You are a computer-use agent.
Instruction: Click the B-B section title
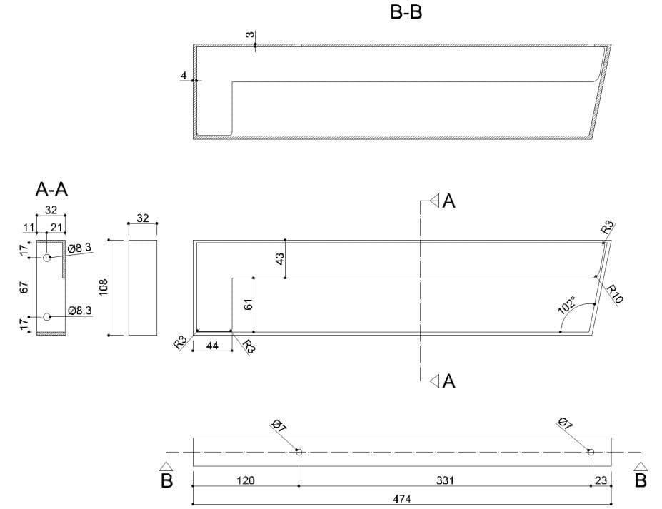406,12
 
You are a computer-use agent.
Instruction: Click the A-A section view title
51,189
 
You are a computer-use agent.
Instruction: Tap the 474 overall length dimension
402,498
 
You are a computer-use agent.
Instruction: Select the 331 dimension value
444,480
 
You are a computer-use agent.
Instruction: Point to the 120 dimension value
246,480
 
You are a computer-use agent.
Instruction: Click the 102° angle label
568,304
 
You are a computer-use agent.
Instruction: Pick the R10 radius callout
614,293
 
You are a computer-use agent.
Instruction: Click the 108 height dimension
103,287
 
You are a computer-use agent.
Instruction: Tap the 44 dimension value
211,345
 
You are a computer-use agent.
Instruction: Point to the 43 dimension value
280,258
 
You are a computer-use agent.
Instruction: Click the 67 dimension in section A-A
24,287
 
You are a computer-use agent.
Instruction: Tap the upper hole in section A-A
47,258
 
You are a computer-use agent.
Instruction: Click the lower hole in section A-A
47,317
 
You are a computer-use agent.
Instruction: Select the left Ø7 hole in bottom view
299,452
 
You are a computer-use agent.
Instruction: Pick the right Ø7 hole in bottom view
591,452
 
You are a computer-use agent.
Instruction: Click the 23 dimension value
601,480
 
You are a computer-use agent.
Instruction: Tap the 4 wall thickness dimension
184,76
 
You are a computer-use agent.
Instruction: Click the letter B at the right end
641,480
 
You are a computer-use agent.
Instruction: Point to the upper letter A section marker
448,201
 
